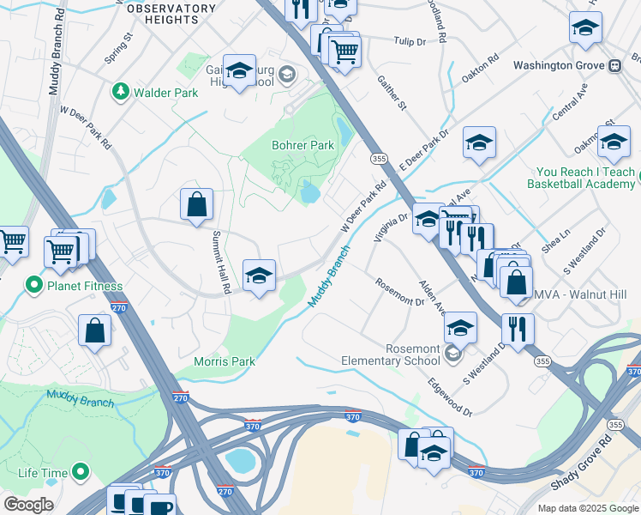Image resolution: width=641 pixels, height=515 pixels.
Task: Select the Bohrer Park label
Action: click(303, 145)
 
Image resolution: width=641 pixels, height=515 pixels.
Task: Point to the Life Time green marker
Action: click(81, 471)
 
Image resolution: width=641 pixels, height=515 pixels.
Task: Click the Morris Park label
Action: click(224, 361)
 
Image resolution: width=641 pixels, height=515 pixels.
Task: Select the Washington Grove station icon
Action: click(614, 65)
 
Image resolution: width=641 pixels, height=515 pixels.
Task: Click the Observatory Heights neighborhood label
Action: click(171, 14)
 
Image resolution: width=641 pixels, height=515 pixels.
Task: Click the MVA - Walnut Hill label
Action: click(581, 294)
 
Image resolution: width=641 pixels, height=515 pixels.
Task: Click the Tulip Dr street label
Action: click(409, 40)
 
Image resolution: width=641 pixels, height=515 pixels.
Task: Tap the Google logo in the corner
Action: click(28, 505)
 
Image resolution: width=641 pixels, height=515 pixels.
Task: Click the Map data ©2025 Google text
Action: click(587, 508)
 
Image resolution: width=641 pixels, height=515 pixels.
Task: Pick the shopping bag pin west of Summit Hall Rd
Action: click(196, 204)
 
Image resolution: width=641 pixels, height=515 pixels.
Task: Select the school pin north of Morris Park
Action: click(259, 276)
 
